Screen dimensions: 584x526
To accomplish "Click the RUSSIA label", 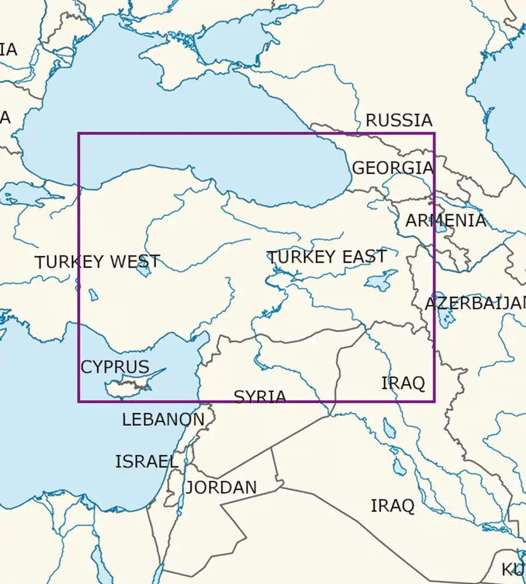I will click(399, 120).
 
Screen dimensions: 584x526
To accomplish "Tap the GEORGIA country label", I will click(392, 168).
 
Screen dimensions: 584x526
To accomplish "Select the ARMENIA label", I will click(445, 221).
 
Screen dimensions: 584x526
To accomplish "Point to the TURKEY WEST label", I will click(97, 262).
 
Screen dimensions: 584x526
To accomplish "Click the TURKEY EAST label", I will click(326, 257).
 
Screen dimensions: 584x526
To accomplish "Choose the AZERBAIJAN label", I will click(475, 304).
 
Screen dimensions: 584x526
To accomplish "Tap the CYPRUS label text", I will click(115, 367).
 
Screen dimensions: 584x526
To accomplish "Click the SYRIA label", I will click(260, 397).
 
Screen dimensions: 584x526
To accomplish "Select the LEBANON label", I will click(163, 419).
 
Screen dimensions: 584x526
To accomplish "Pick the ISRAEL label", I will click(146, 461).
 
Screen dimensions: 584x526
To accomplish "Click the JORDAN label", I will click(221, 488).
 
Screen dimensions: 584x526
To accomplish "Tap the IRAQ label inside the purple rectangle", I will click(403, 384).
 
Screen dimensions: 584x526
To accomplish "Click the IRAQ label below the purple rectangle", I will click(393, 506).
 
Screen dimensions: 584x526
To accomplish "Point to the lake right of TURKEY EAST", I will click(380, 280).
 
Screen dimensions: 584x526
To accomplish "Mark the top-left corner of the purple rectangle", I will click(79, 134).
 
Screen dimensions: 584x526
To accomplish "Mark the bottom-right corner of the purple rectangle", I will click(434, 402).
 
